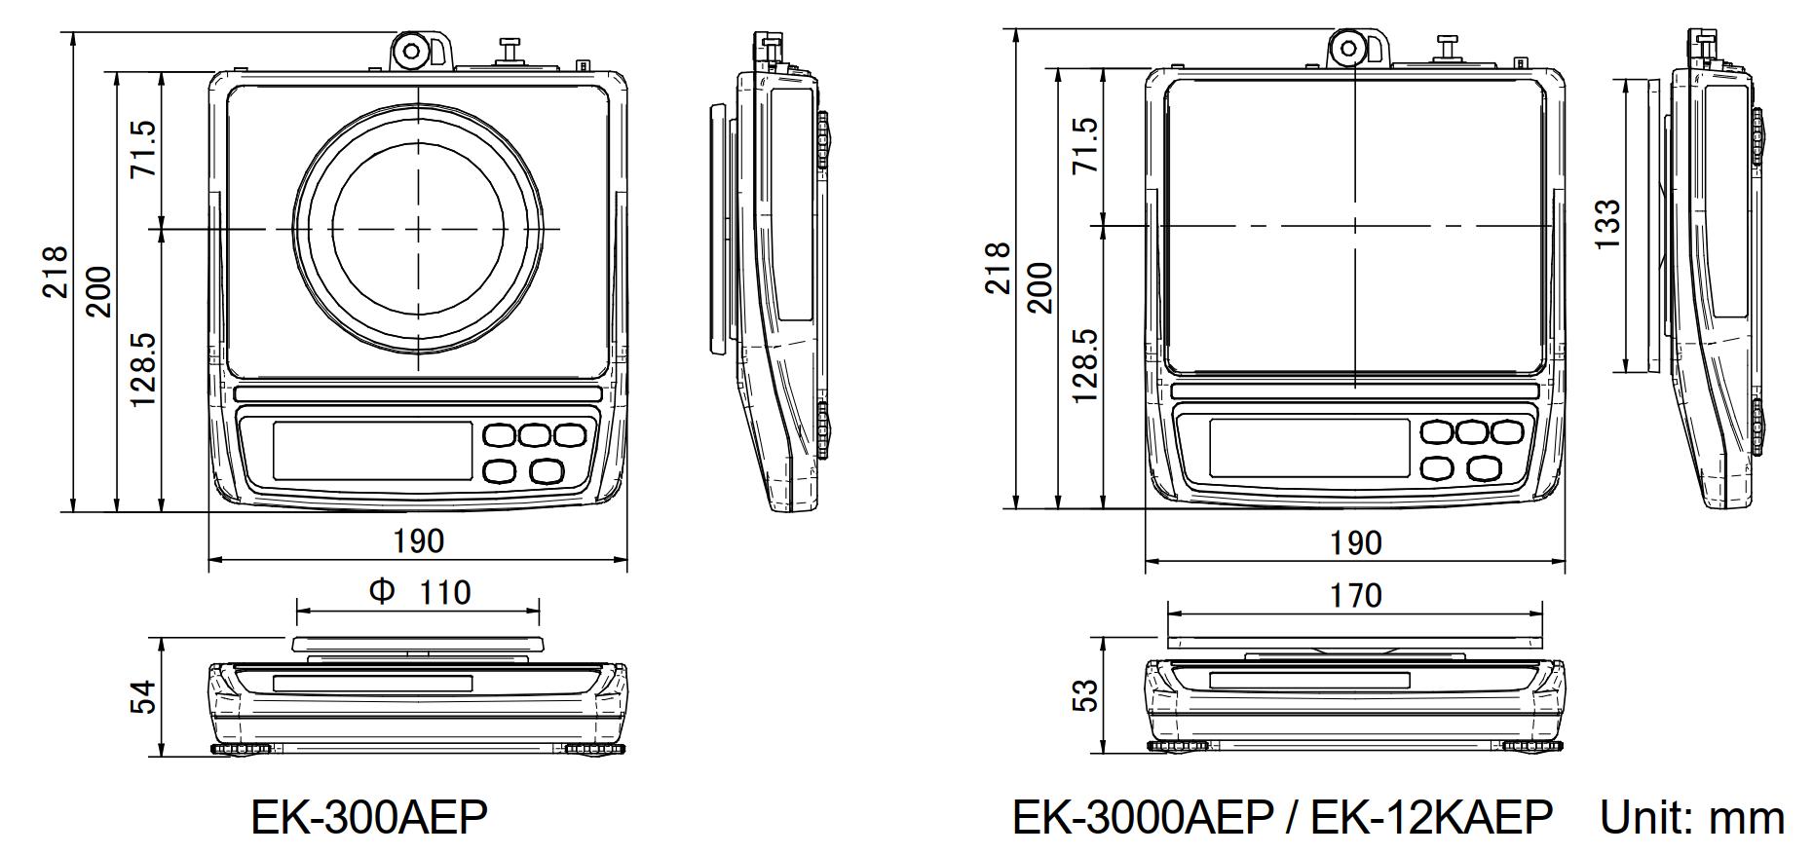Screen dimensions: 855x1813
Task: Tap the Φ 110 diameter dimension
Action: (420, 592)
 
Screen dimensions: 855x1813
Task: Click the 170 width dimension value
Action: (1355, 595)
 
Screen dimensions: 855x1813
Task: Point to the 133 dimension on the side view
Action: (1608, 223)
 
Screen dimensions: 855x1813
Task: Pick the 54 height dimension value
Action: (143, 697)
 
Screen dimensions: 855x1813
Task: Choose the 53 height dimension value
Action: (1083, 695)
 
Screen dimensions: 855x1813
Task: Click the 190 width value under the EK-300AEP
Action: (418, 540)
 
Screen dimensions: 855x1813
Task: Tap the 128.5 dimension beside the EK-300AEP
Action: (142, 369)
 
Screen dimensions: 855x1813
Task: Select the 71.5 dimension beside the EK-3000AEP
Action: (1083, 146)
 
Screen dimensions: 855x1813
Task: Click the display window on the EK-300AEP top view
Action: (372, 450)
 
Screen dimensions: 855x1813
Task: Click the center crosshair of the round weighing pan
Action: (419, 229)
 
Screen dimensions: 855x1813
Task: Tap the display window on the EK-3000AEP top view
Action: (1308, 448)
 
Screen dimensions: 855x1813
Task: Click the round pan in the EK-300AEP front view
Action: (418, 644)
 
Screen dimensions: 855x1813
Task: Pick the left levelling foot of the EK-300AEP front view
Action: (240, 749)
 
